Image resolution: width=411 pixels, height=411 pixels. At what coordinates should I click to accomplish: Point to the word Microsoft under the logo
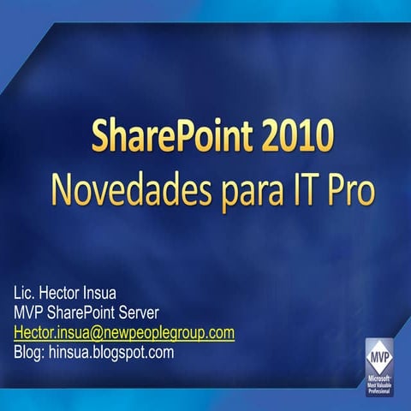click(380, 377)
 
